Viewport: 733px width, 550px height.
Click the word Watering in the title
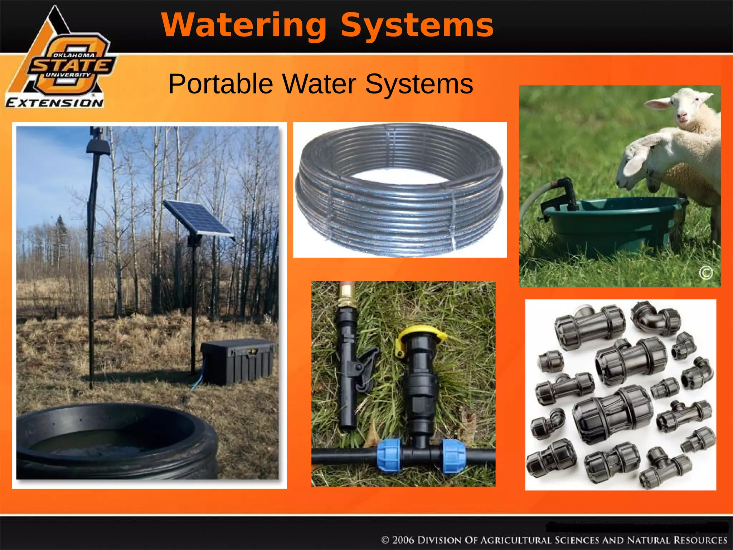pos(243,25)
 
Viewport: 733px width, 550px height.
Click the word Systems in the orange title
pos(417,25)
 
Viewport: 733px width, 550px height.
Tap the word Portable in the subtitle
pos(220,84)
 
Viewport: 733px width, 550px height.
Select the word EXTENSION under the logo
pos(55,103)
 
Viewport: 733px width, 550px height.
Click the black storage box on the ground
pos(238,362)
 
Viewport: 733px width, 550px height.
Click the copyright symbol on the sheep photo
pos(706,273)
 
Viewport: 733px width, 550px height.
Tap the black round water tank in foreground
pos(115,440)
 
